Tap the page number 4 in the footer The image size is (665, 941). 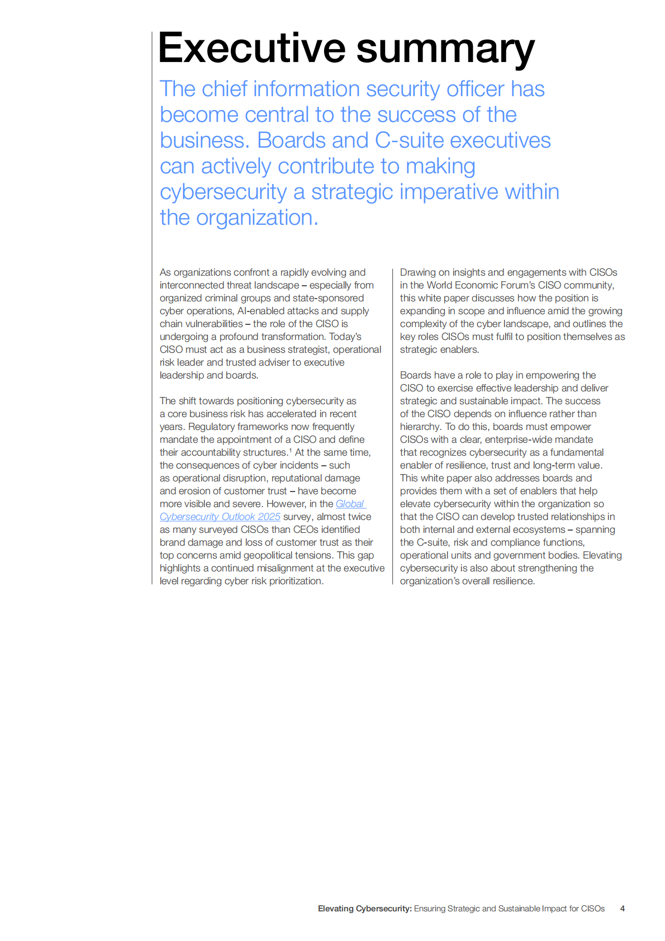(622, 909)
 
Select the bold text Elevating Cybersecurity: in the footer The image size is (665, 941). (364, 909)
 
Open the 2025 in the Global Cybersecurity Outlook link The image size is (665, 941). (269, 517)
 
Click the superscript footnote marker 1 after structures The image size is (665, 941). (290, 450)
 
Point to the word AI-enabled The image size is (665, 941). (260, 311)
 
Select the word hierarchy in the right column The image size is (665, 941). (420, 427)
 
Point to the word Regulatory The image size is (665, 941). (211, 427)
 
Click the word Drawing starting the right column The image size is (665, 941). (417, 272)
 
